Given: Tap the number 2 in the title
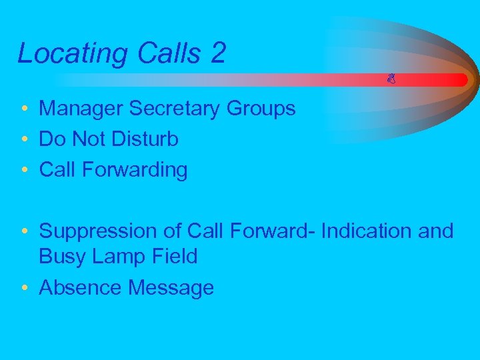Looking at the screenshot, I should [217, 53].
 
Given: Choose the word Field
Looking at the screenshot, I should [175, 256].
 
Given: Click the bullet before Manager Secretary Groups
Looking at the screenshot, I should [23, 109].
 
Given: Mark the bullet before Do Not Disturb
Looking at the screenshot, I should [23, 139].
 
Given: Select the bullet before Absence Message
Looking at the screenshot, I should [23, 288].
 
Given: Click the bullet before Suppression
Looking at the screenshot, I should [23, 232].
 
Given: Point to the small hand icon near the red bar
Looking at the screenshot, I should [392, 80].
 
